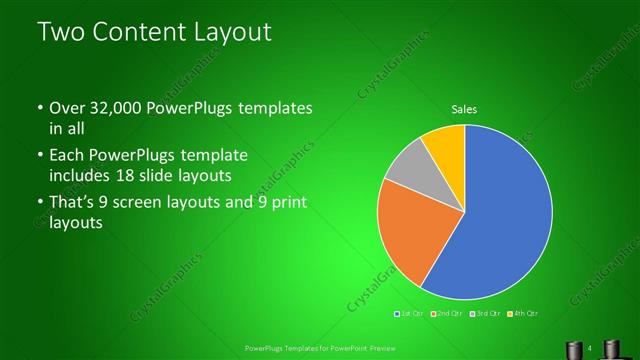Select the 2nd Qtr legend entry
point(447,314)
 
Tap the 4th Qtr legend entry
point(524,314)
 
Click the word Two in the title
point(60,32)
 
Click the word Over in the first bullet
point(67,108)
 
